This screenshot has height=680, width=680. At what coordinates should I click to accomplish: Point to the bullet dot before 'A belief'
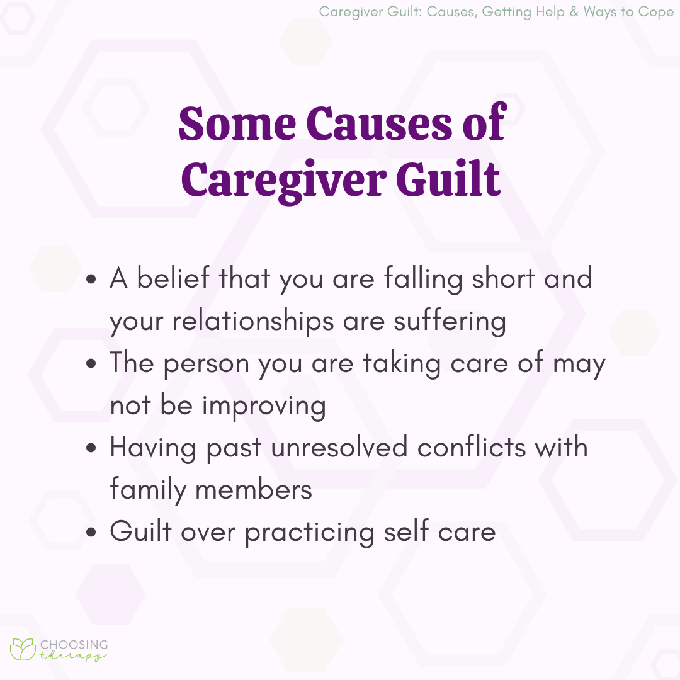(x=92, y=280)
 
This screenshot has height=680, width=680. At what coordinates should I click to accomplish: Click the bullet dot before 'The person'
(x=92, y=365)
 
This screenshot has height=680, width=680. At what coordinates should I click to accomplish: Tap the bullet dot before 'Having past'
(x=92, y=449)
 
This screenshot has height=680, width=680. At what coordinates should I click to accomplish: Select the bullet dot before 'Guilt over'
(x=92, y=533)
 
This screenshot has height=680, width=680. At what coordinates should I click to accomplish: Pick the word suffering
(x=450, y=321)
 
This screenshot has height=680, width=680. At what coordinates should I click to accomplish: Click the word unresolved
(x=341, y=448)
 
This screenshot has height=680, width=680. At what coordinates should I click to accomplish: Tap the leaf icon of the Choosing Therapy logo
(x=22, y=650)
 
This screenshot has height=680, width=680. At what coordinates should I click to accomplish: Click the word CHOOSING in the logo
(x=74, y=645)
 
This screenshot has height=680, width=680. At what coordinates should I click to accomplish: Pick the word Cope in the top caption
(x=657, y=13)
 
